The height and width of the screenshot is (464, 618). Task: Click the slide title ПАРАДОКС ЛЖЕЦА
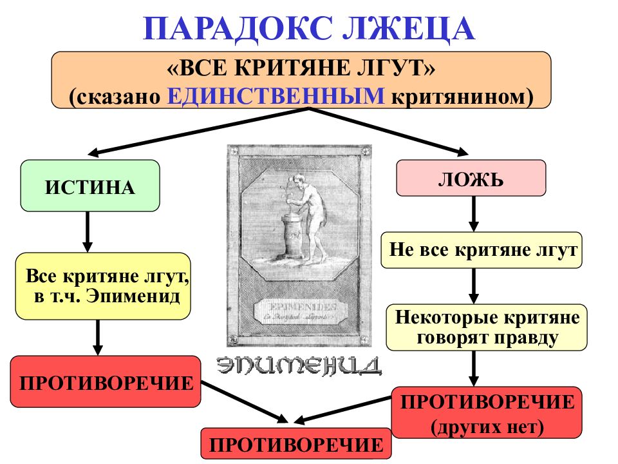coord(309,29)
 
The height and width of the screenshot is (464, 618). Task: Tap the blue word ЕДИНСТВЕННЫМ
coord(276,95)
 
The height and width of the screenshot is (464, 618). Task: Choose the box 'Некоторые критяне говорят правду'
coord(487,327)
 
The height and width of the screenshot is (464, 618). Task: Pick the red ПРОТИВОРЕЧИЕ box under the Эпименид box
coord(106,382)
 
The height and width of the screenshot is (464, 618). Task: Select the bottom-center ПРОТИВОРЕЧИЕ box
coord(296,444)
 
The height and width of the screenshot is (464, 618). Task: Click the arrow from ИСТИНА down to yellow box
coord(88,232)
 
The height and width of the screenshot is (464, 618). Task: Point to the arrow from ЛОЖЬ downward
coord(474,213)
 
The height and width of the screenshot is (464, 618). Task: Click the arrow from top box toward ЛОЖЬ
coord(386,130)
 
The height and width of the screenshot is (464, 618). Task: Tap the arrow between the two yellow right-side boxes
coord(474,286)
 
